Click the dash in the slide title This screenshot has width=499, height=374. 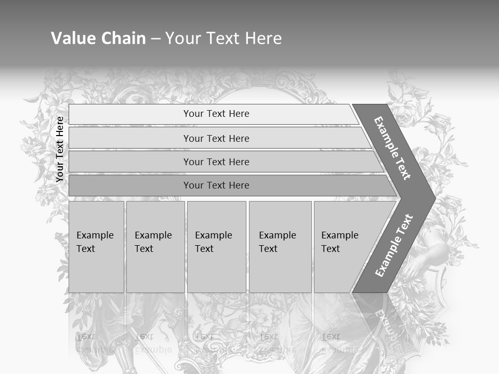(155, 39)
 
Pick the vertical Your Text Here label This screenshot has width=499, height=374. (60, 150)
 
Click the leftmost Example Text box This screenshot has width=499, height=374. (96, 247)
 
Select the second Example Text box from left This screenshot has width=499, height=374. (155, 247)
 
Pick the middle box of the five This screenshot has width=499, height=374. (216, 247)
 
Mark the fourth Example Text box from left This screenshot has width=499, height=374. (280, 247)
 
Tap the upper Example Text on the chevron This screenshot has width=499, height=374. (392, 148)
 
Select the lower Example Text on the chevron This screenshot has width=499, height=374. (393, 245)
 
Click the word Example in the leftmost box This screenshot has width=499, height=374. (95, 235)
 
